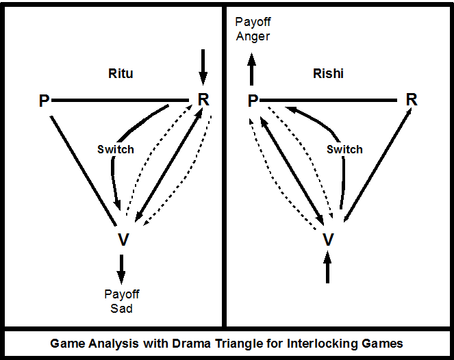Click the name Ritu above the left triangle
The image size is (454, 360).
tap(121, 74)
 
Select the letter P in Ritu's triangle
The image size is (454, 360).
tap(45, 101)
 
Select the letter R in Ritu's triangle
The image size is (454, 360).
tap(203, 99)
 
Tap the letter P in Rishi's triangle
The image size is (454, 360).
tap(253, 101)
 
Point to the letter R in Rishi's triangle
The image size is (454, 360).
tap(411, 99)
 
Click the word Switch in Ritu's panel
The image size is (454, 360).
tap(116, 149)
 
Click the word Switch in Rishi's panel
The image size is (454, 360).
tap(344, 149)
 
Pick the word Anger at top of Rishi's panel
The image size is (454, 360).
tap(253, 36)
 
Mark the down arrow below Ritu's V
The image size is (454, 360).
tap(122, 269)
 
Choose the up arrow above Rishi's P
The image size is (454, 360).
tap(252, 69)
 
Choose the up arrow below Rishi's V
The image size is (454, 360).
tap(327, 267)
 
